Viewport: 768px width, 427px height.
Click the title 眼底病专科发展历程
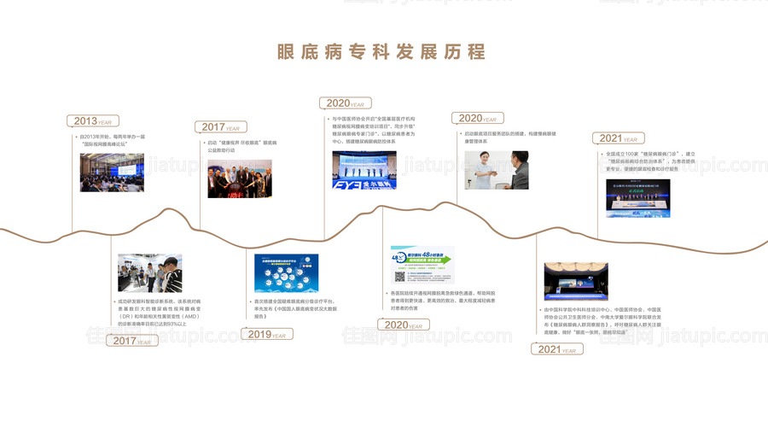(381, 51)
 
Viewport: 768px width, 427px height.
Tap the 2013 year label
(93, 121)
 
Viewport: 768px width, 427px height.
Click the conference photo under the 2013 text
(111, 173)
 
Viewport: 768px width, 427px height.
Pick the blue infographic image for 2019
(286, 272)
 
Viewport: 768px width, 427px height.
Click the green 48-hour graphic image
(422, 265)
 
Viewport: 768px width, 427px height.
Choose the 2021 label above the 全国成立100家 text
(618, 137)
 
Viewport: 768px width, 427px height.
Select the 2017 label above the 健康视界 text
(221, 127)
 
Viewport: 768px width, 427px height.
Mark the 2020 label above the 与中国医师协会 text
(346, 103)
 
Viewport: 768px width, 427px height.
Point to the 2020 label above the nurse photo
(478, 119)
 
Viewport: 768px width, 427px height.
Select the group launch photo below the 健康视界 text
(239, 178)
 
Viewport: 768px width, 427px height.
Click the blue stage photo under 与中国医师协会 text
(364, 170)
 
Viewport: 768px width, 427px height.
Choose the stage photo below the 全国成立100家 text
(637, 193)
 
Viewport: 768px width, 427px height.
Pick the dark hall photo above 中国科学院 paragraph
(576, 281)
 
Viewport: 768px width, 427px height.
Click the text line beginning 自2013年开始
(111, 136)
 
